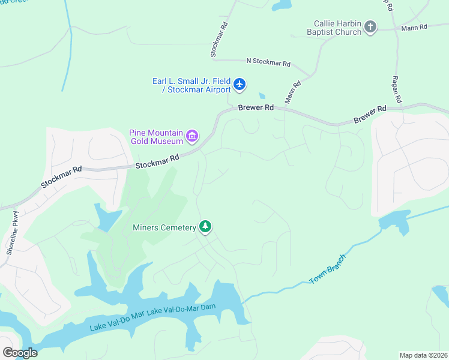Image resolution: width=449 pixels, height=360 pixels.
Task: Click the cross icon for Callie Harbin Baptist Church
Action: click(x=370, y=26)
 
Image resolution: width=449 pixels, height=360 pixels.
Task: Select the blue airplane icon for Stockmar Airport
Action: click(x=240, y=84)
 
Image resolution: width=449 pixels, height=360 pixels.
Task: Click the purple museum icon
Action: click(x=192, y=136)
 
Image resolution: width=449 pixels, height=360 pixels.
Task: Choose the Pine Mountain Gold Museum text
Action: click(x=156, y=136)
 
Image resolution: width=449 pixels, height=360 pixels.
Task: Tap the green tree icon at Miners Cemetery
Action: click(x=206, y=227)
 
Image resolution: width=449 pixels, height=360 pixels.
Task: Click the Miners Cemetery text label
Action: click(x=164, y=227)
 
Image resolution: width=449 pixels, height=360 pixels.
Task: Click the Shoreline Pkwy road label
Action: click(x=12, y=233)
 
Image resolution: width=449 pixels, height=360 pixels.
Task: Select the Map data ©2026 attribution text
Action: click(x=423, y=355)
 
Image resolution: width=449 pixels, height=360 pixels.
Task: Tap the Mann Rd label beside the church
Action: click(x=415, y=27)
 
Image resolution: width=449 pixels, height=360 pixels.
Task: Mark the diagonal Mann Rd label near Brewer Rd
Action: click(x=292, y=93)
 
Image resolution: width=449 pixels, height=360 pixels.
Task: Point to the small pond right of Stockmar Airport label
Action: click(x=261, y=95)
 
